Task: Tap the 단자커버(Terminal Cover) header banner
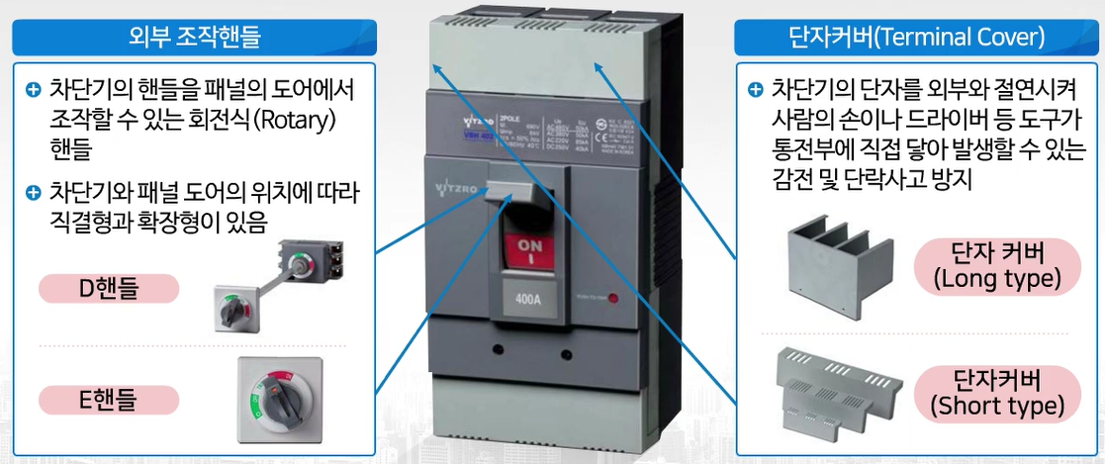tap(916, 39)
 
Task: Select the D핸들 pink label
tap(108, 289)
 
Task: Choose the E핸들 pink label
tap(108, 400)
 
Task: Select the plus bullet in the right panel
tap(755, 90)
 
